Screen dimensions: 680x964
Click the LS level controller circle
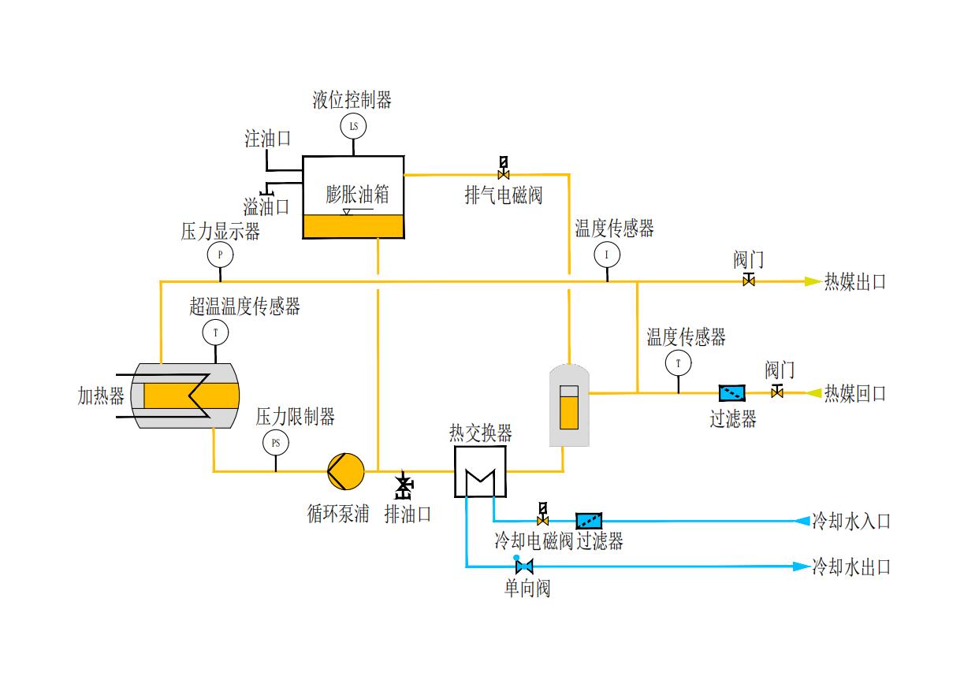[x=353, y=126]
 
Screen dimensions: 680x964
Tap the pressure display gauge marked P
[x=220, y=255]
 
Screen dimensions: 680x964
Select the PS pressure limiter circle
[x=275, y=443]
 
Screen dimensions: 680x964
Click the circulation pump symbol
[x=346, y=471]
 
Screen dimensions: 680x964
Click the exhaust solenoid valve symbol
[x=504, y=168]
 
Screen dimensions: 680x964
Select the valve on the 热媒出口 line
[x=749, y=281]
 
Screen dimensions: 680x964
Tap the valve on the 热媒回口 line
[x=776, y=392]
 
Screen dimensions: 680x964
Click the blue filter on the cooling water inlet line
[x=589, y=521]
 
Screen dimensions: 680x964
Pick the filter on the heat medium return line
[x=732, y=392]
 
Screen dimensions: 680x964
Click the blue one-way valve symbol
[x=524, y=566]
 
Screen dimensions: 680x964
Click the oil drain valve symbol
[x=404, y=487]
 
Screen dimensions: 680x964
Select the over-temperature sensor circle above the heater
[x=215, y=333]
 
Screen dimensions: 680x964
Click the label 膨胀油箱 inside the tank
[x=357, y=195]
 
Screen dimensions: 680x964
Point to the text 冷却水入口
[x=851, y=521]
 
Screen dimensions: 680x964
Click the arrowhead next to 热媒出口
[x=811, y=281]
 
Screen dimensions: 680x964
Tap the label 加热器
[x=101, y=396]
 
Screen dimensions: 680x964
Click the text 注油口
[x=267, y=139]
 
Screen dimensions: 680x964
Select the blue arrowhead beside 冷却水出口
[x=800, y=567]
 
